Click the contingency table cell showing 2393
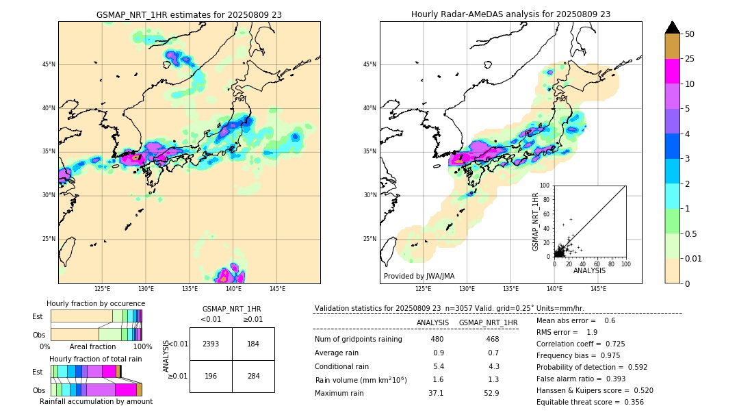(211, 344)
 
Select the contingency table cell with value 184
(253, 344)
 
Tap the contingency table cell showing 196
(211, 377)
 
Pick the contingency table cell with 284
(253, 377)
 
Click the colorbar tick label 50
(690, 34)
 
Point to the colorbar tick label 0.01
(694, 258)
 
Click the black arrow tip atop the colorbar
(673, 26)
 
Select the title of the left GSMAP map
(189, 14)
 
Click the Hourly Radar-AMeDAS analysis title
(510, 14)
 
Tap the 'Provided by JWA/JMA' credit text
(419, 277)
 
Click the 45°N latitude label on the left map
(49, 64)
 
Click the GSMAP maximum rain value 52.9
(491, 393)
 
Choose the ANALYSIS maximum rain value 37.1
(437, 393)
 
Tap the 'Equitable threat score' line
(590, 402)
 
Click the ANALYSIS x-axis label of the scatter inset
(589, 270)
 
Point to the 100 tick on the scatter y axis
(545, 186)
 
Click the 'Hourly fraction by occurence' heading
(96, 303)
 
